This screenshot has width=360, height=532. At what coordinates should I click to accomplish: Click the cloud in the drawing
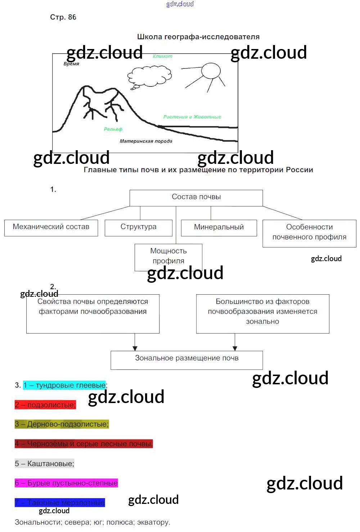pos(149,76)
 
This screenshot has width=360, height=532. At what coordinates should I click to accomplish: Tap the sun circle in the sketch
pos(211,71)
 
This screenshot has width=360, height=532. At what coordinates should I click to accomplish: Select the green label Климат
pos(162,56)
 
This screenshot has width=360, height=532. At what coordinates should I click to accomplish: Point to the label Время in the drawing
pos(71,64)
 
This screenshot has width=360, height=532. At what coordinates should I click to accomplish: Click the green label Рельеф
pos(113,129)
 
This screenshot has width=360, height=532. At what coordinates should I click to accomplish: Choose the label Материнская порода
pos(146,141)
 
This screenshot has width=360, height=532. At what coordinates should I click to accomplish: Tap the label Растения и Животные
pos(192,117)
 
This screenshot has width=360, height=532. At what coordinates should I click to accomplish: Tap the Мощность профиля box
pos(168,256)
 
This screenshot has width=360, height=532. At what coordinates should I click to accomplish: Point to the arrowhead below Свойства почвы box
pos(135,348)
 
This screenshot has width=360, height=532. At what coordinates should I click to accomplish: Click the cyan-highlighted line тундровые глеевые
pos(65,385)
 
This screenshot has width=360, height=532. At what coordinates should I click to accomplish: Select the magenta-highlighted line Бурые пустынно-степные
pos(67,483)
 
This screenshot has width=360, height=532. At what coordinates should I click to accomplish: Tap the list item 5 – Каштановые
pos(45,464)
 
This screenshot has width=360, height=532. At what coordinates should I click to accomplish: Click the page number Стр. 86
pos(63,17)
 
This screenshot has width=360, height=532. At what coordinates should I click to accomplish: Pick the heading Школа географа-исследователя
pos(198,37)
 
